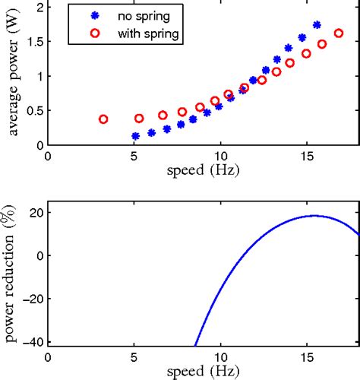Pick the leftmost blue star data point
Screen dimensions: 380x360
[136, 137]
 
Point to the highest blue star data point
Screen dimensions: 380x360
[317, 25]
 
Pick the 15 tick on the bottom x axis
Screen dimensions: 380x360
[307, 358]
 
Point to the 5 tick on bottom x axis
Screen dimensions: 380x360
[134, 358]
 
